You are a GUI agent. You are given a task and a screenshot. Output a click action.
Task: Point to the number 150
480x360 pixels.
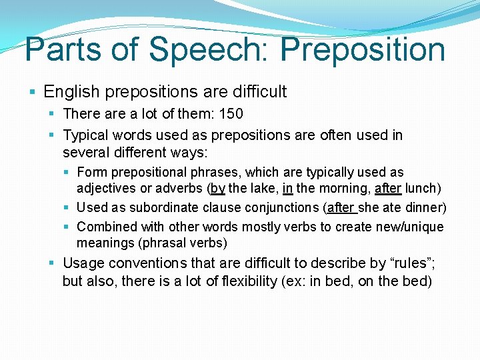231,114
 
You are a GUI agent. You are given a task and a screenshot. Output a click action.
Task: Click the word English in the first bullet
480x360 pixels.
71,91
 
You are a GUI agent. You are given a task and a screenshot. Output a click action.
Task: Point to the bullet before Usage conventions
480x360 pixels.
53,263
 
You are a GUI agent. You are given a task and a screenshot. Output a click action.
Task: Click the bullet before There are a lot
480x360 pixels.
53,115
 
